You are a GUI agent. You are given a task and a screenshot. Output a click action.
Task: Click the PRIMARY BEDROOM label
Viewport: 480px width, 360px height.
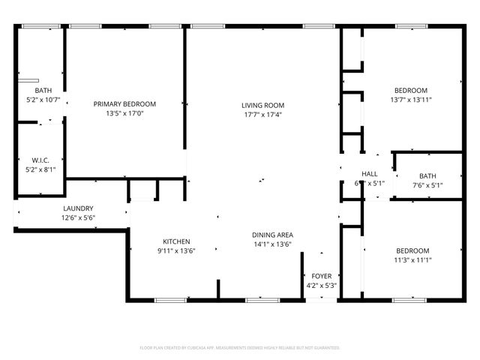point(124,103)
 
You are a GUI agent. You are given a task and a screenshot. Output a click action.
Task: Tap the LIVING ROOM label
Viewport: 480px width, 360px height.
point(262,105)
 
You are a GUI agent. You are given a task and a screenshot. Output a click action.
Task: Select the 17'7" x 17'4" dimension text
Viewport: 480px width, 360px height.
point(262,115)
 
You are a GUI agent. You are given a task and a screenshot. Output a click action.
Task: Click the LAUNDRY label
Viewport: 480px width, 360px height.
point(78,208)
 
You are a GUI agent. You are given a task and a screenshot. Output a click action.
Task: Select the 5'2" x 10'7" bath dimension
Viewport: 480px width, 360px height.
point(41,99)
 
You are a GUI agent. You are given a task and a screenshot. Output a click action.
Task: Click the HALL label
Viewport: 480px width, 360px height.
point(370,174)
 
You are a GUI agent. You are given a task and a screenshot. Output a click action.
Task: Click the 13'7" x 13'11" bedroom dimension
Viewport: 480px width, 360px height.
point(411,99)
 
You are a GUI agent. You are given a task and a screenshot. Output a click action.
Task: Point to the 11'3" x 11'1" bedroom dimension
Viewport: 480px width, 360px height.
point(412,260)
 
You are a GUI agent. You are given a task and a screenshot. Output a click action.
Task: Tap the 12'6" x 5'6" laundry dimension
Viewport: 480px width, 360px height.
point(78,217)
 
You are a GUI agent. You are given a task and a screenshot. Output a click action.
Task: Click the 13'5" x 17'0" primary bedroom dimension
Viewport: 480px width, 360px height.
point(124,113)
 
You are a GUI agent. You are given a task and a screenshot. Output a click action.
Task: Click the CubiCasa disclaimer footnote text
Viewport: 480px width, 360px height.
point(240,348)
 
